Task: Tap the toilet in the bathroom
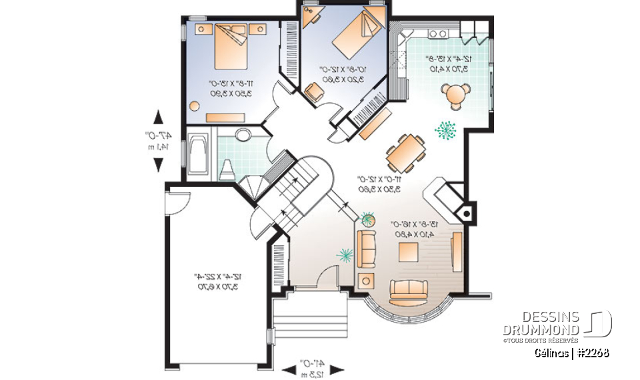click(227, 170)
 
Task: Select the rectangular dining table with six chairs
click(406, 153)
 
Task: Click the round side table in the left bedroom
click(195, 106)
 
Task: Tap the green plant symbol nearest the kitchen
click(445, 130)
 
